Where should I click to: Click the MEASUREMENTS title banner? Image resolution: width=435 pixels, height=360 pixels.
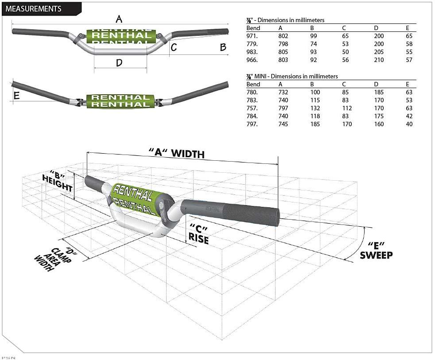point(42,8)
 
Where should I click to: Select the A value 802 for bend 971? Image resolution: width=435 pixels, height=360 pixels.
point(283,36)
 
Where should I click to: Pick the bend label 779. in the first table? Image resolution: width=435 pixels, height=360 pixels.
point(252,44)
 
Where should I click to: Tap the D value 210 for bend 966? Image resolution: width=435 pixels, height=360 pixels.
point(379,60)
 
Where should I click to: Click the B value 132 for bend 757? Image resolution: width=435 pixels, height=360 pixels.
point(315,108)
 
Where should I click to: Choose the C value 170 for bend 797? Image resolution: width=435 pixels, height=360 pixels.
point(347,124)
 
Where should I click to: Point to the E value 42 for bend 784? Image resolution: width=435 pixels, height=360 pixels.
point(409,116)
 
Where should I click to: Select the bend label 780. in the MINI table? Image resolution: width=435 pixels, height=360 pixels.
point(252,93)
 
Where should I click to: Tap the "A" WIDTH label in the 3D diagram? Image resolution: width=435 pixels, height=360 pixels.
point(177,153)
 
